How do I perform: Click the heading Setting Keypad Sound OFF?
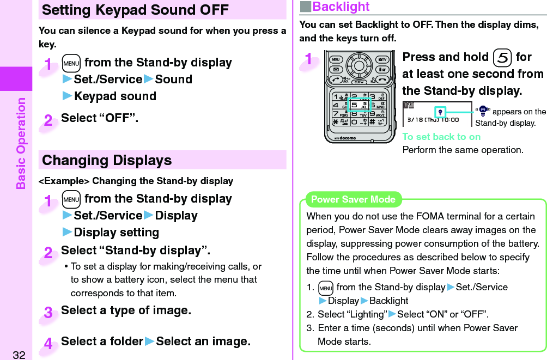pyautogui.click(x=135, y=10)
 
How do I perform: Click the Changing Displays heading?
pyautogui.click(x=107, y=161)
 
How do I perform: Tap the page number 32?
pyautogui.click(x=19, y=355)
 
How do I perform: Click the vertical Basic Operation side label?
pyautogui.click(x=21, y=143)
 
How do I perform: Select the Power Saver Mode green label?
pyautogui.click(x=352, y=199)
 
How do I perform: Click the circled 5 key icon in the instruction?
pyautogui.click(x=503, y=58)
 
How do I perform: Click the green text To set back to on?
pyautogui.click(x=441, y=137)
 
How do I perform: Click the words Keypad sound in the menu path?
pyautogui.click(x=115, y=96)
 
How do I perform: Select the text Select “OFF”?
pyautogui.click(x=100, y=118)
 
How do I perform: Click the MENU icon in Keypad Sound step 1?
pyautogui.click(x=72, y=63)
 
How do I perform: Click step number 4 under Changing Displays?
pyautogui.click(x=48, y=344)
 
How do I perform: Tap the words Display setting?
pyautogui.click(x=116, y=233)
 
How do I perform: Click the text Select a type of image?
pyautogui.click(x=126, y=311)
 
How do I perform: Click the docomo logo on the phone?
pyautogui.click(x=345, y=138)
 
